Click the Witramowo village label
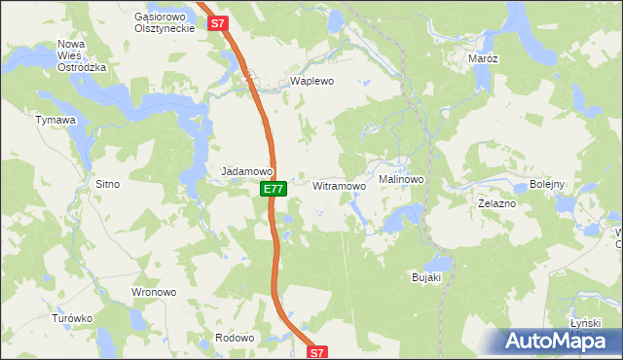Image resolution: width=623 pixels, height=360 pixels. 339,185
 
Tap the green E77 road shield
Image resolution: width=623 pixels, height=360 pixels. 274,188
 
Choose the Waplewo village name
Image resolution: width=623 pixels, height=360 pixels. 312,82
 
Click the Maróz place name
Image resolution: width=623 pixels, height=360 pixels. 483,58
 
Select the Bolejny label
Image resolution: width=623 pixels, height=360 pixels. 548,184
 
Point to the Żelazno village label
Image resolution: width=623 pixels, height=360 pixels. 496,204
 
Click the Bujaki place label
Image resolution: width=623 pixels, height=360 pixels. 426,278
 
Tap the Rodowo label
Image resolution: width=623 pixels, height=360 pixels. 234,338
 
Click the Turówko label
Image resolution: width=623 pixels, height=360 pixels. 72,318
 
